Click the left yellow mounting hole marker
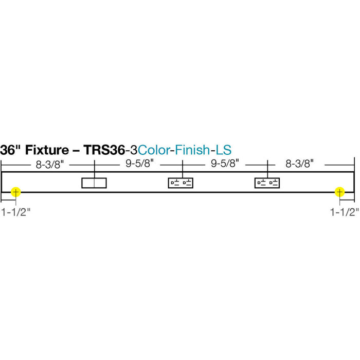pyautogui.click(x=15, y=192)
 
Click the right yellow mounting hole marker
pyautogui.click(x=339, y=192)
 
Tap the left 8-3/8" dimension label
pyautogui.click(x=50, y=165)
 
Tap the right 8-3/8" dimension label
pyautogui.click(x=300, y=164)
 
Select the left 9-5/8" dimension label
pyautogui.click(x=139, y=164)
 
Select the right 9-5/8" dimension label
pyautogui.click(x=225, y=164)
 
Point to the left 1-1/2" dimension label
pyautogui.click(x=16, y=212)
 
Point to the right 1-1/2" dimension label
pyautogui.click(x=345, y=212)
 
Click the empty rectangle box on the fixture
pyautogui.click(x=94, y=183)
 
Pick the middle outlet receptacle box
pyautogui.click(x=181, y=183)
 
